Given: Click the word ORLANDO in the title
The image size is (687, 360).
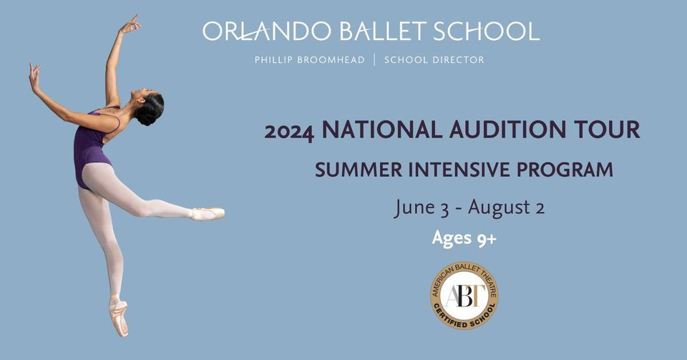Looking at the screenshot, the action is click(x=267, y=31).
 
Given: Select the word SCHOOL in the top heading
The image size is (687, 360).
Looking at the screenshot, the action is click(x=487, y=31).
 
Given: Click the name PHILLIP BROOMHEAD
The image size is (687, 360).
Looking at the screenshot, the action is click(x=310, y=60).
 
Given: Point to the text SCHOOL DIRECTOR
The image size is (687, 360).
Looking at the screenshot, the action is click(x=434, y=60).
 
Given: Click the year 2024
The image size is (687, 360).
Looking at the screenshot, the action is click(x=289, y=131).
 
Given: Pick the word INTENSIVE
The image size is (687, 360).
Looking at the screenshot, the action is click(x=459, y=170).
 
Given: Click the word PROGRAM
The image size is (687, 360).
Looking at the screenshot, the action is click(x=565, y=170).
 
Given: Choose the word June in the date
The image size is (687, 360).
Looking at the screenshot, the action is click(x=415, y=208).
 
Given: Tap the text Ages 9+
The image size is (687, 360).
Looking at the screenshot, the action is click(x=464, y=238).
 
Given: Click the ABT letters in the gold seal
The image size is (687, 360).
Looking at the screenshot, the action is click(x=464, y=296).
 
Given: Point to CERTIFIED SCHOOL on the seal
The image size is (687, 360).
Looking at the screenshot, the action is click(x=465, y=318).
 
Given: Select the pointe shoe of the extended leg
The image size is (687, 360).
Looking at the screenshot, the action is click(x=208, y=213).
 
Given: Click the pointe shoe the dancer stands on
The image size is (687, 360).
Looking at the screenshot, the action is click(x=118, y=316).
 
